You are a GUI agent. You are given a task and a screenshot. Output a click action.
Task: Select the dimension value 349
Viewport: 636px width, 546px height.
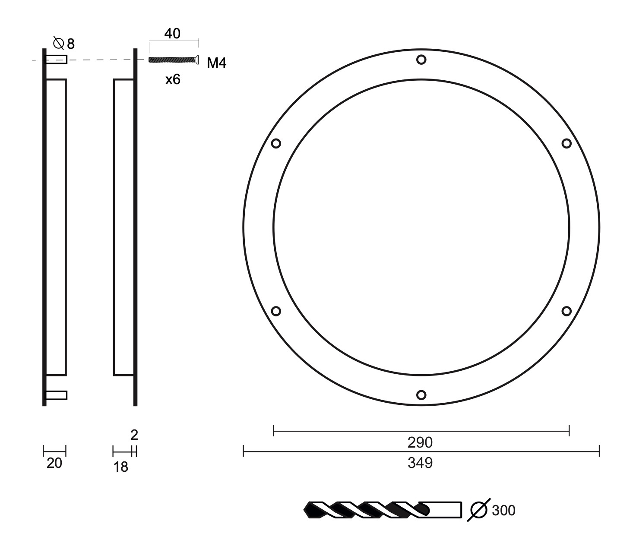(420, 463)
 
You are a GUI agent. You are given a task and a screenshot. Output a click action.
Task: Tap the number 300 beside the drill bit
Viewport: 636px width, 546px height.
(503, 510)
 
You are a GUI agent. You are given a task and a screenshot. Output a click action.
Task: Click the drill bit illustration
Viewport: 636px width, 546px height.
(383, 510)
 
